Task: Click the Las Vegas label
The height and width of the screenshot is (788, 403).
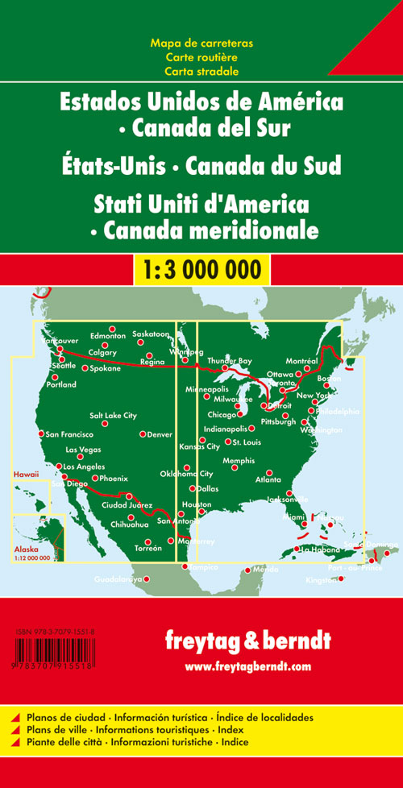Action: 83,450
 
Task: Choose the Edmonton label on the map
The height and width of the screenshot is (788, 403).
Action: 109,335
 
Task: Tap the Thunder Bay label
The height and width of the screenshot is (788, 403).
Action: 230,360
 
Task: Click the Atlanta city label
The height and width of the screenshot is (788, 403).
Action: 268,479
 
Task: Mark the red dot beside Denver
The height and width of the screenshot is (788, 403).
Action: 143,434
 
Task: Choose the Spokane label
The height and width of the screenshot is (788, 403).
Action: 105,368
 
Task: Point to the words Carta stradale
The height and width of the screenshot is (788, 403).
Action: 201,71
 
